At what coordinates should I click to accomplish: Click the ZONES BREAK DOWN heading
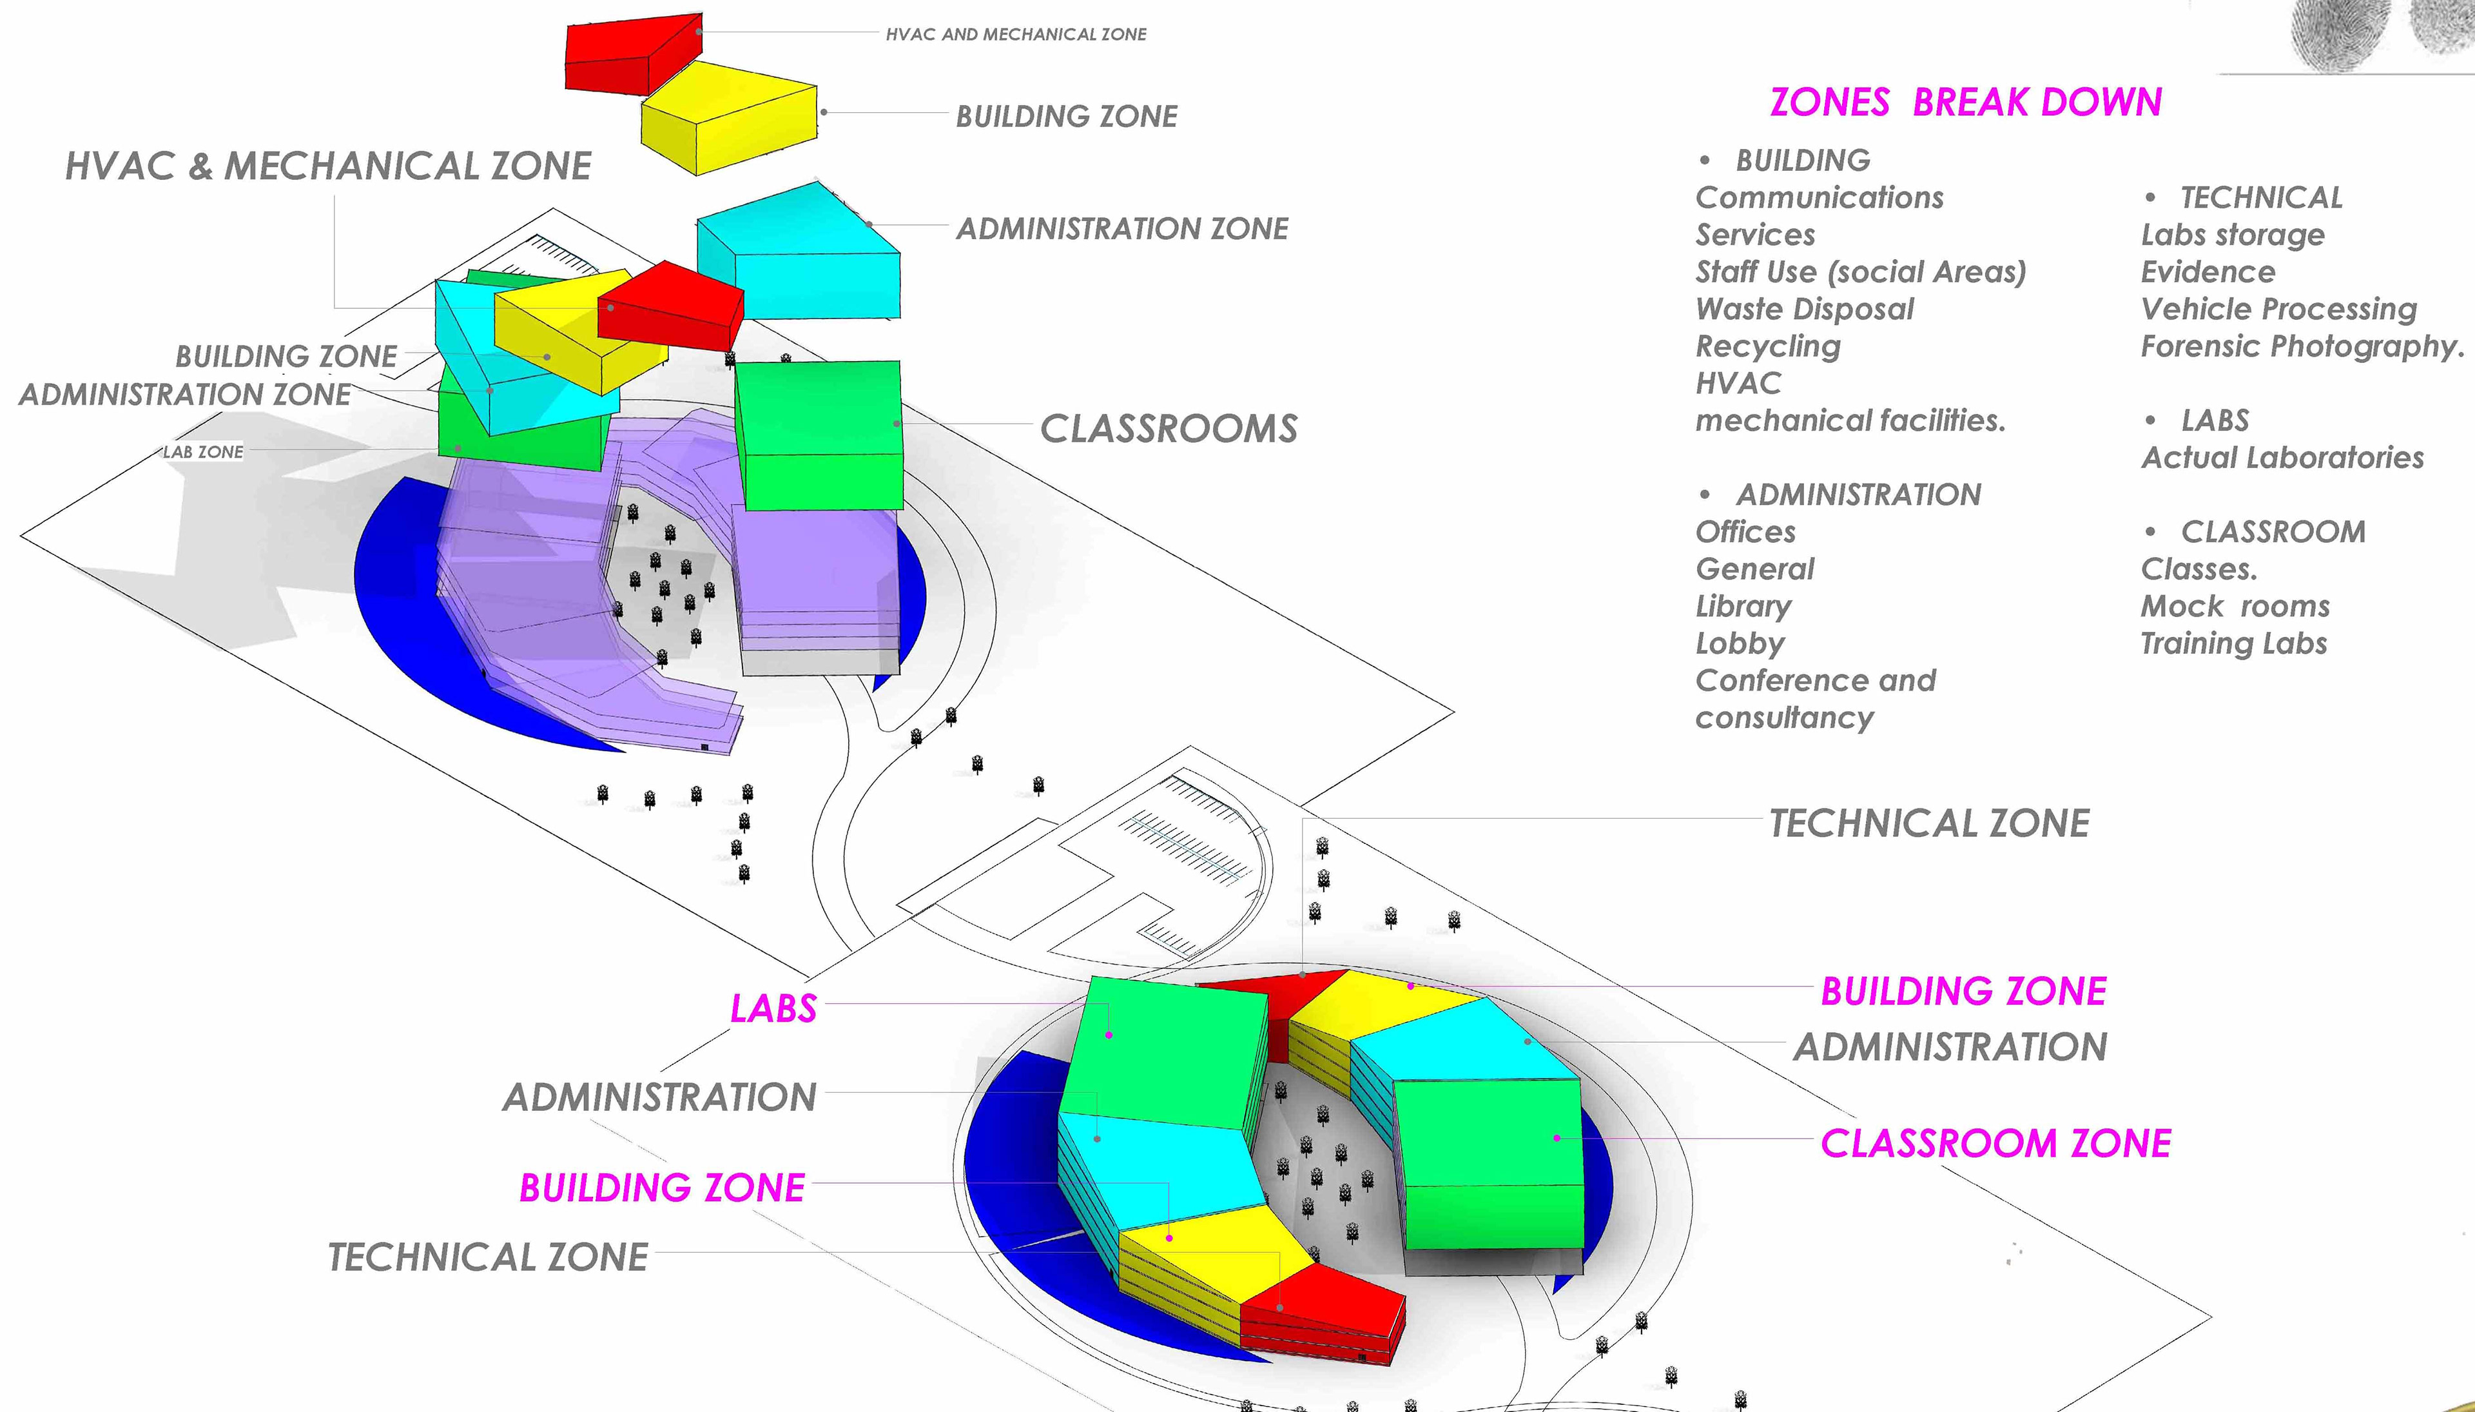[x=1965, y=102]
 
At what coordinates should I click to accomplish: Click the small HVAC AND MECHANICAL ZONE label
[x=1015, y=35]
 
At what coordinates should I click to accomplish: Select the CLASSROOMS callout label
[x=1168, y=429]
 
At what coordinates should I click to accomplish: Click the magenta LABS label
[x=773, y=1008]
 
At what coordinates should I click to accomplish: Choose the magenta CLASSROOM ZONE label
[x=1995, y=1143]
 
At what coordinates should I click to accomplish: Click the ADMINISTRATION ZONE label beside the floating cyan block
[x=1121, y=229]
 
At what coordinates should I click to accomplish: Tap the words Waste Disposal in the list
[x=1804, y=309]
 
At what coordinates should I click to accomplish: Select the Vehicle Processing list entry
[x=2278, y=309]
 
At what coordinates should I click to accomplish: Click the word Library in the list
[x=1743, y=606]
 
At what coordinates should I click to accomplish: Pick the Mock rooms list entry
[x=2235, y=606]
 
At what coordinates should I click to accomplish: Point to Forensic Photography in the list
[x=2302, y=346]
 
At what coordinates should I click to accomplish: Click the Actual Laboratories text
[x=2282, y=458]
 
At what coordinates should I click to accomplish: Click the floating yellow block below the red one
[x=729, y=121]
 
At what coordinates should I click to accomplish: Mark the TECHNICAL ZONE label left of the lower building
[x=488, y=1257]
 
